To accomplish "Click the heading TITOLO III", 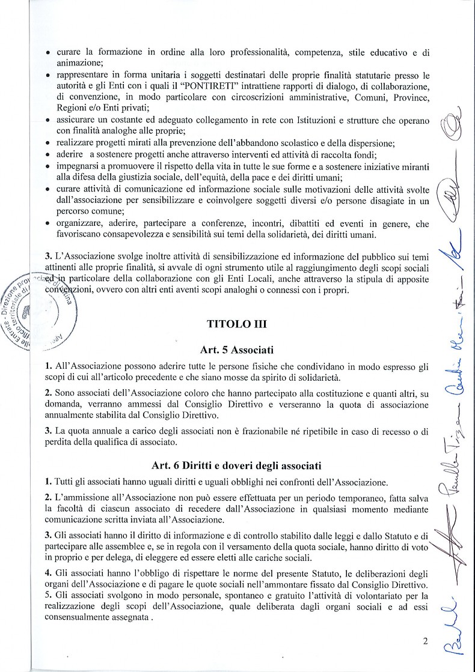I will [x=237, y=324].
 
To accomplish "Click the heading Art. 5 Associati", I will [x=237, y=349].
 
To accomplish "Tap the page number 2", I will [x=424, y=641].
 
